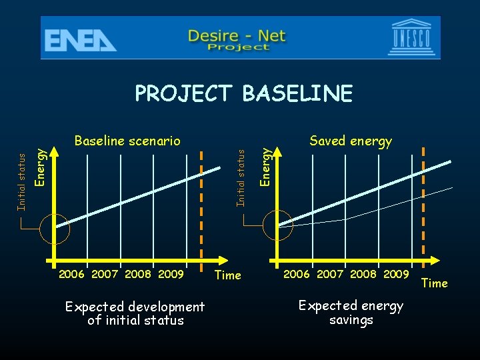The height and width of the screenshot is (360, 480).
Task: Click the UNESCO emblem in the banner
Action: [416, 38]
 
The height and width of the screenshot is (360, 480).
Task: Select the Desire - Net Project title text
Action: [237, 39]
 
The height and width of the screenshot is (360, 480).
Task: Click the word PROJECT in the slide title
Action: [185, 94]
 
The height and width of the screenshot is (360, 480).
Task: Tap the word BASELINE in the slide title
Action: [297, 94]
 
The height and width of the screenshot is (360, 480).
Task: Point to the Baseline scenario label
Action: [127, 141]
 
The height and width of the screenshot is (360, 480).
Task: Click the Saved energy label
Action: [351, 141]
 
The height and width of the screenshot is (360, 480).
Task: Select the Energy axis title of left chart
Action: [40, 167]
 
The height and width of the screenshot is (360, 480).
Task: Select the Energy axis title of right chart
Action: [266, 167]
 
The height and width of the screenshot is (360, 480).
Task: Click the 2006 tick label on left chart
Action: [72, 274]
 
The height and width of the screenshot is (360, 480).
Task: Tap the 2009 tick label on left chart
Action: [171, 274]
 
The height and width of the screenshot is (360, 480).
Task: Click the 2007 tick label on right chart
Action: [330, 274]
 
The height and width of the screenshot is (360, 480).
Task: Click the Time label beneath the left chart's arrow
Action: [227, 275]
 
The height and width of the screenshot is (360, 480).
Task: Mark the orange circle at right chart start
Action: [278, 225]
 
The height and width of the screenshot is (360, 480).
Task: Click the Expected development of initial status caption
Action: [135, 313]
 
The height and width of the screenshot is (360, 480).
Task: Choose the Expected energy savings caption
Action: [351, 313]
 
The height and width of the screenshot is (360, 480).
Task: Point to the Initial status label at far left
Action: [21, 181]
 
